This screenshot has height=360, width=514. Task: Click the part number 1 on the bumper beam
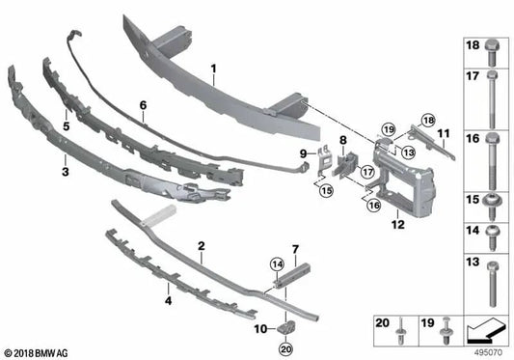[214, 69]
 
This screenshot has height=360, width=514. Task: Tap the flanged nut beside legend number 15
[492, 203]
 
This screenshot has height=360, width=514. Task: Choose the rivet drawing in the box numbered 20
[399, 335]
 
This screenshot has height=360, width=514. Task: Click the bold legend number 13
[473, 263]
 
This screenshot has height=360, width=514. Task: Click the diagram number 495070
[489, 353]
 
